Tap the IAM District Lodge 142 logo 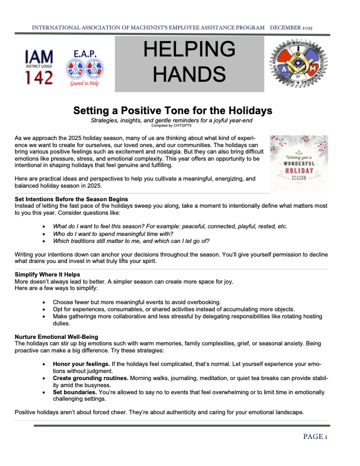(39, 65)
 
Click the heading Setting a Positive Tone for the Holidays (172, 110)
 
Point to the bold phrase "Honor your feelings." (84, 365)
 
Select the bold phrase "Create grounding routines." (94, 378)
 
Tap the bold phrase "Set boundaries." (75, 391)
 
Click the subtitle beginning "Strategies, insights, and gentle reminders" (172, 120)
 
